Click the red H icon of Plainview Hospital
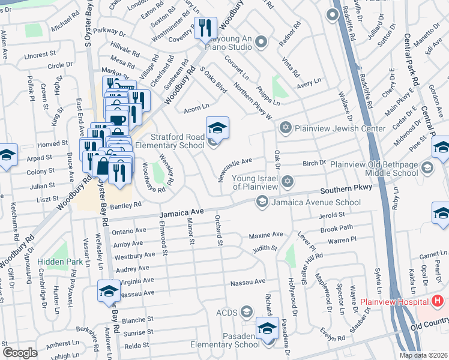(x=438, y=300)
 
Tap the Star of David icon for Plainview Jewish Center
(x=286, y=127)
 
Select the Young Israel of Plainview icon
(x=288, y=181)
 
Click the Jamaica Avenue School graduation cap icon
(x=262, y=202)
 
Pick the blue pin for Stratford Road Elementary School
(x=217, y=128)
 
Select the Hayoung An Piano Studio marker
(x=261, y=41)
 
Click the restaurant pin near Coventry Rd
(x=205, y=28)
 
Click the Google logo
(x=20, y=353)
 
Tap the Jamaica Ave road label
(x=182, y=213)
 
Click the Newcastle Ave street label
(x=235, y=169)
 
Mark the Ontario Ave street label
(x=130, y=231)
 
